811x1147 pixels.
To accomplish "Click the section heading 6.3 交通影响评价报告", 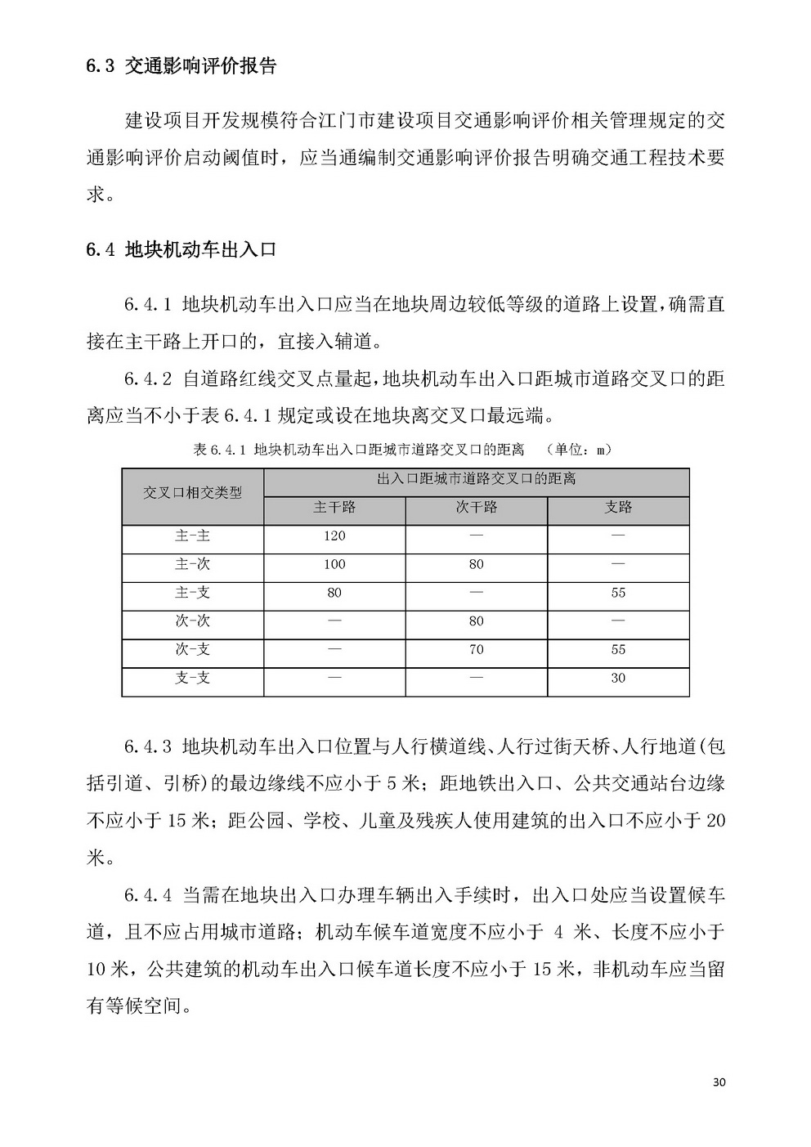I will tap(181, 66).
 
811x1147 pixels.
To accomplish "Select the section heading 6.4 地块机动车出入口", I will tap(181, 249).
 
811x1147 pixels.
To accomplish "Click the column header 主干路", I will tap(334, 508).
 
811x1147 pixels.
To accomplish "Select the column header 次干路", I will tap(476, 508).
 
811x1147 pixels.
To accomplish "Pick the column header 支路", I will tap(618, 508).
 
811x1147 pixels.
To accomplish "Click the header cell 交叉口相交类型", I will tap(193, 493).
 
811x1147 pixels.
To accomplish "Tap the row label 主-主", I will tap(193, 536).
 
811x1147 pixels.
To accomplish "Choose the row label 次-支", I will tap(193, 650).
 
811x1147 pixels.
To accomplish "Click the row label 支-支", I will tap(193, 679).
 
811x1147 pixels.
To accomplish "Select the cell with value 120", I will tap(334, 536).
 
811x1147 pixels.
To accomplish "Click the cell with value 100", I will tap(334, 565).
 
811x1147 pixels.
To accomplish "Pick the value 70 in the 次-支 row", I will tap(476, 650).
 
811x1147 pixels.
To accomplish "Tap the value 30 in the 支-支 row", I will tap(618, 679).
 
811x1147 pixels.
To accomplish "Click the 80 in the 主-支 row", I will tap(334, 593).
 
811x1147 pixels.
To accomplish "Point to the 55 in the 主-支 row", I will tap(618, 593).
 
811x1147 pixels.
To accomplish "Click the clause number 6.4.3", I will tap(147, 746).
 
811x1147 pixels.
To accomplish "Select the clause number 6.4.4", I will tap(147, 895).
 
